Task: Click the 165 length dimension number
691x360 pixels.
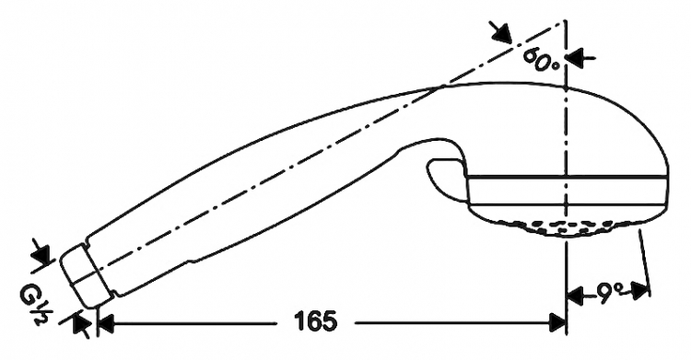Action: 315,321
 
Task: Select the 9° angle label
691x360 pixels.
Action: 608,291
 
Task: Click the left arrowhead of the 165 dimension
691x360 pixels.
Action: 106,323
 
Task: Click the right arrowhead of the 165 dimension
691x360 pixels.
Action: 557,323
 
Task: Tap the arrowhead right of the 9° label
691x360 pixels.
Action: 640,291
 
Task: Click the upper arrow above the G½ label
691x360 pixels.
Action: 41,253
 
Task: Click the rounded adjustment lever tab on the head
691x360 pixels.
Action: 445,178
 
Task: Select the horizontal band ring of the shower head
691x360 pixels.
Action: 568,191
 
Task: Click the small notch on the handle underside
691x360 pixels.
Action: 192,261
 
